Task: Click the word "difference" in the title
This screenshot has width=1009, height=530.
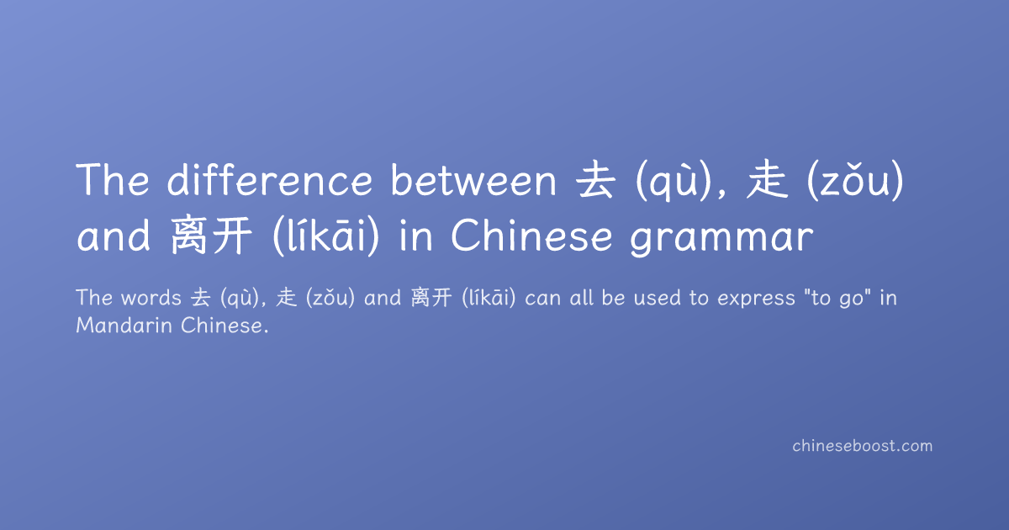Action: (x=269, y=179)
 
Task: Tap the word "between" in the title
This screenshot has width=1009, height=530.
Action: (x=473, y=179)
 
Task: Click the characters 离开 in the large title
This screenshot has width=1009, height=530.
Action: (x=211, y=236)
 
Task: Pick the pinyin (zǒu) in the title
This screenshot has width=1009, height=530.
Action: (x=855, y=180)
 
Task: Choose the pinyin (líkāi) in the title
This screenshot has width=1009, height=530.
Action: (x=326, y=236)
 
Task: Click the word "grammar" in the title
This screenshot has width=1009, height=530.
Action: (x=721, y=237)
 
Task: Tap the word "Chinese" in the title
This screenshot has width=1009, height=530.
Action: (x=531, y=236)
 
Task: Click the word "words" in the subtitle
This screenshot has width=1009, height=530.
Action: (x=151, y=298)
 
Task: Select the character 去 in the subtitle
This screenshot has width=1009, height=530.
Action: (x=200, y=298)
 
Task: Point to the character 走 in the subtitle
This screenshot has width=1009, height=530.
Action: (x=287, y=298)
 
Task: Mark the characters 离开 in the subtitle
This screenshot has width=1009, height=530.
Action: (x=431, y=298)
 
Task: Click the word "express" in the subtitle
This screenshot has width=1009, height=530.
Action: (x=756, y=299)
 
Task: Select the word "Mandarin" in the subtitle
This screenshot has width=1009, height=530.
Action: (x=124, y=326)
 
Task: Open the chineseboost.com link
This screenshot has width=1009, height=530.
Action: (x=862, y=446)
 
